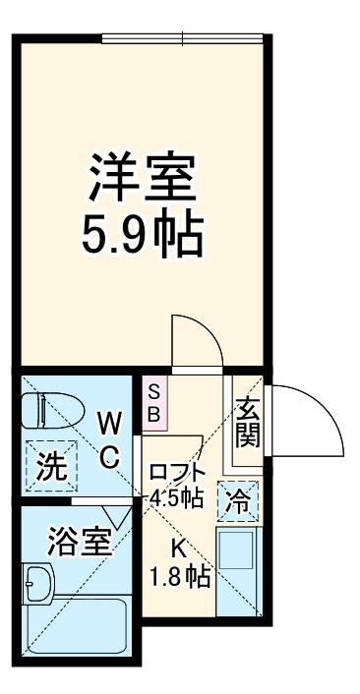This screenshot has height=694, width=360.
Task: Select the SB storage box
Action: coord(154,403)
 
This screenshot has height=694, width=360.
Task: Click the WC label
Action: coord(109,439)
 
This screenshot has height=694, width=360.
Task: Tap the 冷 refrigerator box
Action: coord(238,500)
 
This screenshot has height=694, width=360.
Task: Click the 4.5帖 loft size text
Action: coord(177,497)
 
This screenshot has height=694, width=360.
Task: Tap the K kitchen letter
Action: coord(179,549)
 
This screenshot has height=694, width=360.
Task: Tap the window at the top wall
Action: coord(184,38)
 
